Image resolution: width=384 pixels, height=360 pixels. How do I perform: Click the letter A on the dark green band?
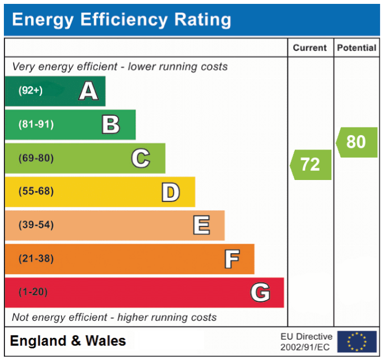tap(89, 91)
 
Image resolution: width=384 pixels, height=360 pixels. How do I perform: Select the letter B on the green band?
tap(111, 125)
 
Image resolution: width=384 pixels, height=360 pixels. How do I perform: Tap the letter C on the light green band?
tap(140, 158)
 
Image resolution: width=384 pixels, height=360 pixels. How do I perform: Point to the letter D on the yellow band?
tap(171, 192)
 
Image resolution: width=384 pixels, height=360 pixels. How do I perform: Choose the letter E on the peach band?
tap(201, 225)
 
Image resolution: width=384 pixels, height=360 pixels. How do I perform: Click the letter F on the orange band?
tap(232, 259)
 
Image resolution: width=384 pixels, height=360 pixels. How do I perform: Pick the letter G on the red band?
tap(260, 292)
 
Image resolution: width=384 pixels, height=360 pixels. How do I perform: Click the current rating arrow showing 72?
tap(311, 164)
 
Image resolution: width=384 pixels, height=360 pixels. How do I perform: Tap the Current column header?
tap(310, 48)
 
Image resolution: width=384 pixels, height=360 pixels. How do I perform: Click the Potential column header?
tap(356, 48)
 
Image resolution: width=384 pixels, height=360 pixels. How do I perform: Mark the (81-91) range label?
tap(36, 125)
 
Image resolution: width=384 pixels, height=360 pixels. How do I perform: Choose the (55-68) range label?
tap(36, 192)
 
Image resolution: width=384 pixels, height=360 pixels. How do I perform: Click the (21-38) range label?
tap(36, 259)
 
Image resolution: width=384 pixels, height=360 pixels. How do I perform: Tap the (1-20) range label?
tap(33, 292)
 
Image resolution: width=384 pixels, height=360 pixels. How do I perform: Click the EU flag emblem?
tap(356, 342)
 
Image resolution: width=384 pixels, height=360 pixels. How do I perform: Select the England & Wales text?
tap(68, 341)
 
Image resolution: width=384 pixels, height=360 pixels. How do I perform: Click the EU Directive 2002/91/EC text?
tap(306, 342)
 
